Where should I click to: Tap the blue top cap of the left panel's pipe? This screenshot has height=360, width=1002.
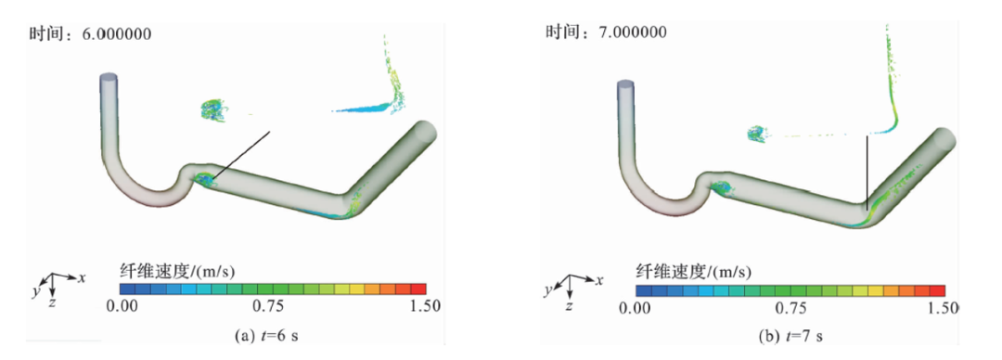tap(110, 78)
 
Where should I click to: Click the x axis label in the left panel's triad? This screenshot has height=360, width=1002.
tap(83, 277)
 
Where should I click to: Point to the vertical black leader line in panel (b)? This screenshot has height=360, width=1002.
tap(867, 172)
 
